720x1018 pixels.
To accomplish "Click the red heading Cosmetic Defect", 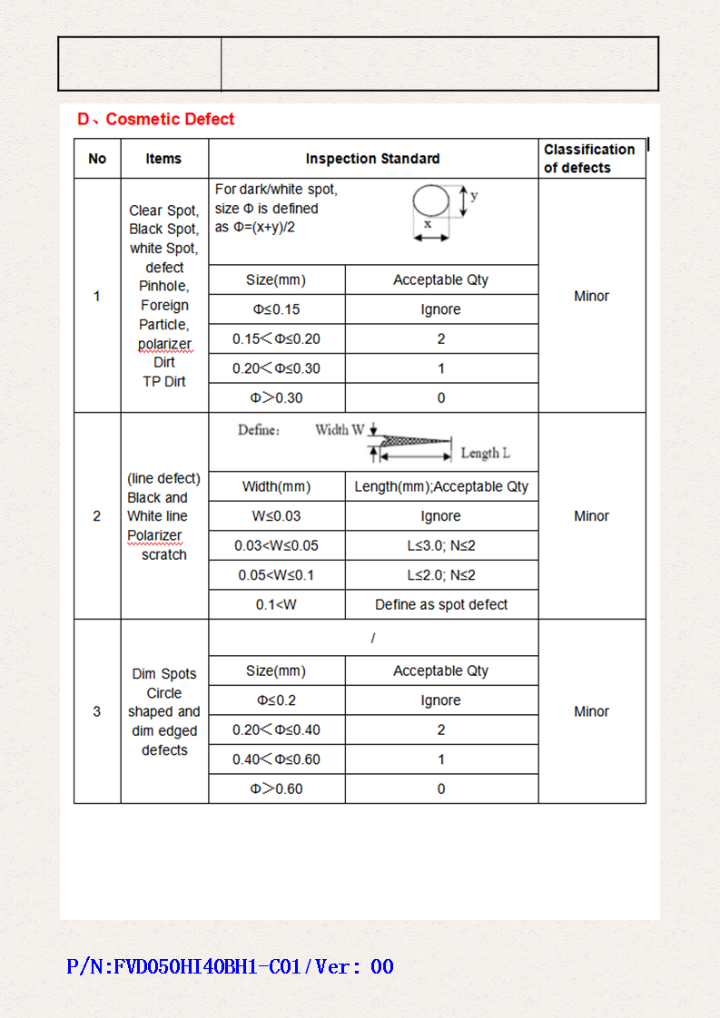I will click(x=156, y=119).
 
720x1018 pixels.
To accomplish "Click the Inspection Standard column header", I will click(x=372, y=159).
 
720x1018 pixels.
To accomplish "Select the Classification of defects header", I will click(x=589, y=159).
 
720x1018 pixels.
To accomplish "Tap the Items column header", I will click(x=163, y=159).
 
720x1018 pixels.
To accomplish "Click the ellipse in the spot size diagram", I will click(x=431, y=201).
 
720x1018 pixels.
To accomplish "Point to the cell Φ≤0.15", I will click(x=276, y=309).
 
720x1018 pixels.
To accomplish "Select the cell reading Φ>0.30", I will click(x=276, y=397).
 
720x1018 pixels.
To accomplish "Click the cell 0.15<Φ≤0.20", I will click(x=276, y=339).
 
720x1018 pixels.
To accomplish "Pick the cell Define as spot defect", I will click(x=441, y=604).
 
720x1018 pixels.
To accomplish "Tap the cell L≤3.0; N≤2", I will click(x=441, y=545).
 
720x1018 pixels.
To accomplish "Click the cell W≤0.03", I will click(x=276, y=516).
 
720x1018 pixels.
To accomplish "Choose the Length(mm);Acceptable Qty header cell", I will click(x=441, y=486).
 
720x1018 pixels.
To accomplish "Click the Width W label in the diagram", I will click(x=340, y=430).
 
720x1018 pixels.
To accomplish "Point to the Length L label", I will click(x=485, y=453).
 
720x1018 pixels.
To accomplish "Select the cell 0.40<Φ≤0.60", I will click(x=276, y=759).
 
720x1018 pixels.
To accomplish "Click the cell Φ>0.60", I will click(x=276, y=788).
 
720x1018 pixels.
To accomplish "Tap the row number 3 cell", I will click(x=97, y=711).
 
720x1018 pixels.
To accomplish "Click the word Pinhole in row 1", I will click(x=163, y=287).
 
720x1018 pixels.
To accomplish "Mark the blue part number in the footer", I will click(x=231, y=966).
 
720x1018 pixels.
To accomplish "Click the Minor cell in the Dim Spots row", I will click(x=591, y=711).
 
